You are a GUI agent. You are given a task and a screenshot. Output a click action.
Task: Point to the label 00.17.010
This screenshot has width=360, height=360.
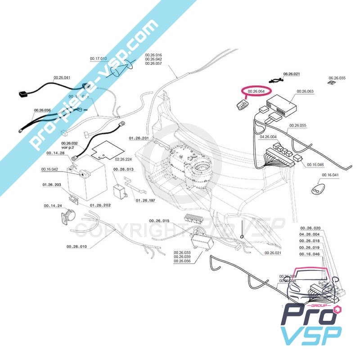[x=99, y=59]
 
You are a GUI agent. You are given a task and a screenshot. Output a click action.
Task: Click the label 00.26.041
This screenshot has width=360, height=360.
[x=62, y=78]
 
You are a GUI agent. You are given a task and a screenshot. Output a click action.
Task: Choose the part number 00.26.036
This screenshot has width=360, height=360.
[x=42, y=110]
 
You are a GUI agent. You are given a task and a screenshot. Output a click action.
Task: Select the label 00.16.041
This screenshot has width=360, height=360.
[x=330, y=175]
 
